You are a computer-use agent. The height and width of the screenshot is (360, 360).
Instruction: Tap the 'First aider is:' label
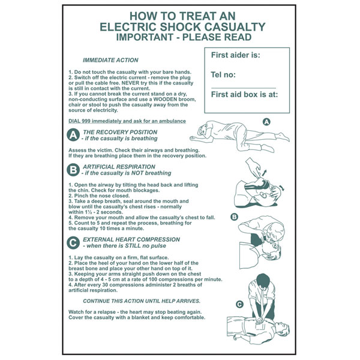236,55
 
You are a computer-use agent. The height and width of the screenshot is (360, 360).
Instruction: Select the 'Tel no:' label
223,74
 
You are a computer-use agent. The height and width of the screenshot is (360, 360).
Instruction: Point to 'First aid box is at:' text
244,94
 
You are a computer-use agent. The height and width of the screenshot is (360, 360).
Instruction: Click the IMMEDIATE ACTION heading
110,60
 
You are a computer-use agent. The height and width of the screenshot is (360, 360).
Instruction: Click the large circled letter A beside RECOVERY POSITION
73,135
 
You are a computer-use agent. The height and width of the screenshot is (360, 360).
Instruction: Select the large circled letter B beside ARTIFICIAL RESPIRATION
73,170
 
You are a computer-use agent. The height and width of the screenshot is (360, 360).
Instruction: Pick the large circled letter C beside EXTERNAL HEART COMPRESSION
73,242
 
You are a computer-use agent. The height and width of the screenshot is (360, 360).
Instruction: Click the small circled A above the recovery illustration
266,122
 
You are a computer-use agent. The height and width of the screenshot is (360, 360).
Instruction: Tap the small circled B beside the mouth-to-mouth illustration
234,217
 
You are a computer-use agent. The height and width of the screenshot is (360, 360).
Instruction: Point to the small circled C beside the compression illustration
239,304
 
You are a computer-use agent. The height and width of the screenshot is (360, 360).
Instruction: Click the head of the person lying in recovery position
202,130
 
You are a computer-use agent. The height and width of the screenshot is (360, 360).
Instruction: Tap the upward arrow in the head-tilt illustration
264,173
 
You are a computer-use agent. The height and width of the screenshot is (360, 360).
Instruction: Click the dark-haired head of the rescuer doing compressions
263,280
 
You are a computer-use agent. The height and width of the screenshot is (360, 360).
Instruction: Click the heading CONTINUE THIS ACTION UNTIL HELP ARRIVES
142,301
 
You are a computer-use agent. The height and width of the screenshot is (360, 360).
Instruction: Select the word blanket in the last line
140,317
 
